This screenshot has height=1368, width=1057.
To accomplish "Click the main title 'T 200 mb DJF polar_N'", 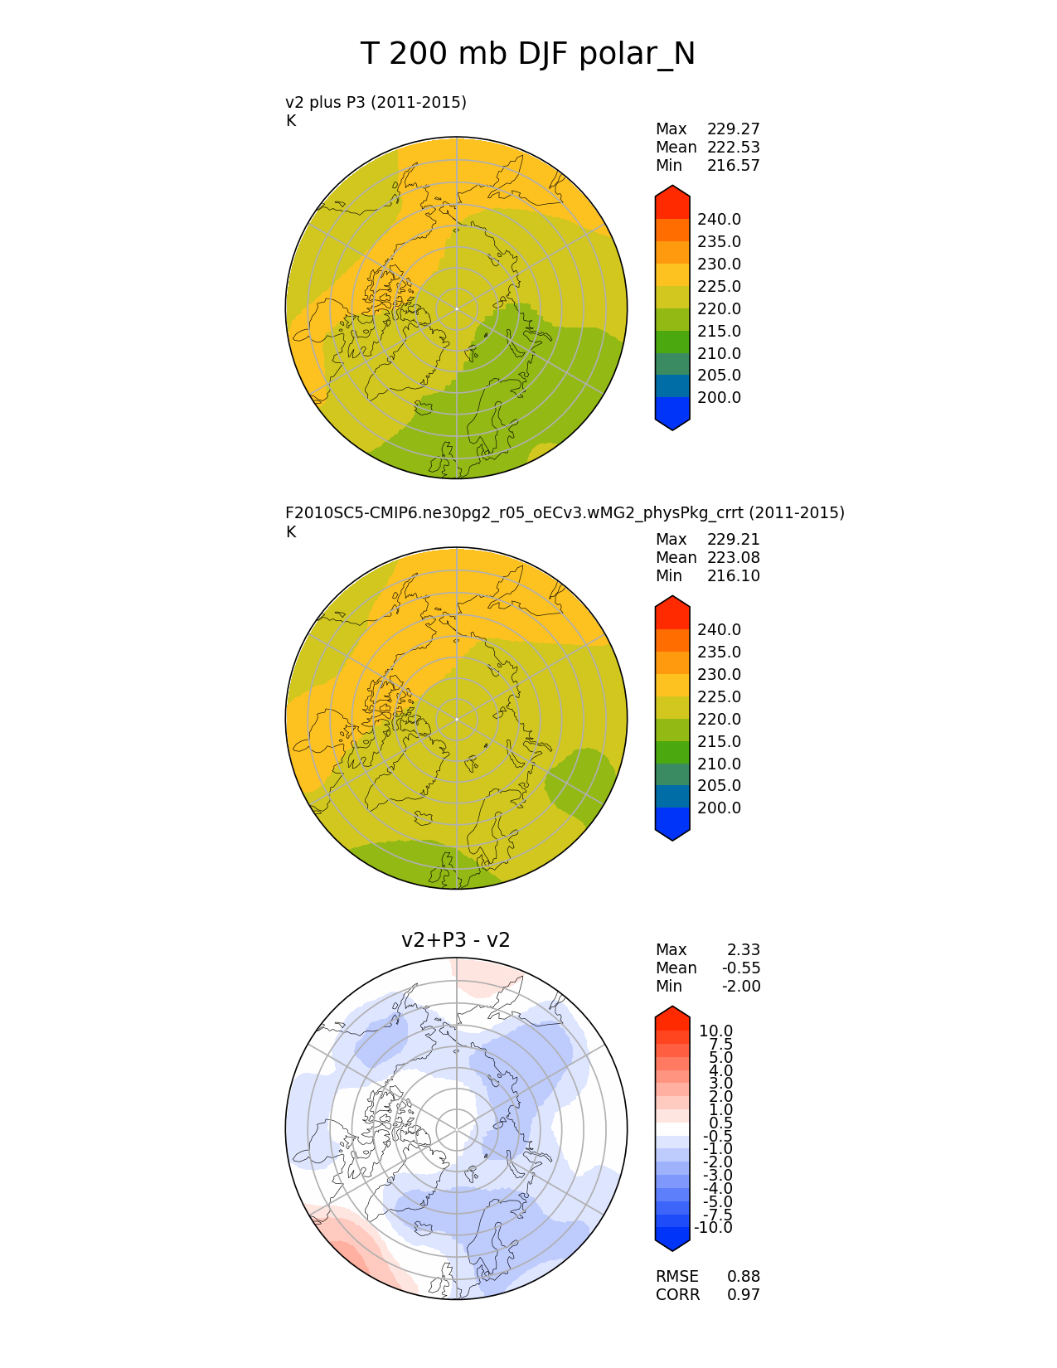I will pyautogui.click(x=528, y=55).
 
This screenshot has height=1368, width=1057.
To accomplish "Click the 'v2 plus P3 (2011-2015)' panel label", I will pyautogui.click(x=376, y=102).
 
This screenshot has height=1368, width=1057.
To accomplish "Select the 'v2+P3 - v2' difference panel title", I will pyautogui.click(x=455, y=939).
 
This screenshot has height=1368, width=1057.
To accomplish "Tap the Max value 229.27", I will pyautogui.click(x=733, y=129).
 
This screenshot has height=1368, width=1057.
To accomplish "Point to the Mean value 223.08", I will pyautogui.click(x=733, y=558).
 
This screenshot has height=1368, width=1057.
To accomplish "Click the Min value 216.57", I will pyautogui.click(x=733, y=166).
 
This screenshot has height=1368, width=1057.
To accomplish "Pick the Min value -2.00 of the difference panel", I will pyautogui.click(x=740, y=987).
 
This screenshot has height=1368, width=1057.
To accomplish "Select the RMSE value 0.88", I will pyautogui.click(x=743, y=1277).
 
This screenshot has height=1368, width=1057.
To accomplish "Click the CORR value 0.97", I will pyautogui.click(x=743, y=1295).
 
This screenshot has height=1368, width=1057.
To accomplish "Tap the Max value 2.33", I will pyautogui.click(x=744, y=950).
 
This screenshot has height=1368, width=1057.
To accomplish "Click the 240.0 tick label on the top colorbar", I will pyautogui.click(x=719, y=220).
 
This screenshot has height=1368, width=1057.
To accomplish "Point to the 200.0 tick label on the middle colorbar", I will pyautogui.click(x=719, y=808).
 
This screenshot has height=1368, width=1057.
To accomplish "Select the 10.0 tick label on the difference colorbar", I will pyautogui.click(x=715, y=1031).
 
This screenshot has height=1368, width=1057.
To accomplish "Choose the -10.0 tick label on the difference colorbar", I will pyautogui.click(x=713, y=1228).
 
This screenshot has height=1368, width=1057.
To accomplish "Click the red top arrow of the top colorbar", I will pyautogui.click(x=672, y=199).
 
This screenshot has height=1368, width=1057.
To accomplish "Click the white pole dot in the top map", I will pyautogui.click(x=456, y=308).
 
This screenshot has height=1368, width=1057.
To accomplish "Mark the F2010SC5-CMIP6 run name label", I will pyautogui.click(x=565, y=513).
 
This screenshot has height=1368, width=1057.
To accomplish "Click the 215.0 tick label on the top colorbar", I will pyautogui.click(x=719, y=332).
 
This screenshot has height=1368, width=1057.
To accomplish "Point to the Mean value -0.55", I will pyautogui.click(x=740, y=968).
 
